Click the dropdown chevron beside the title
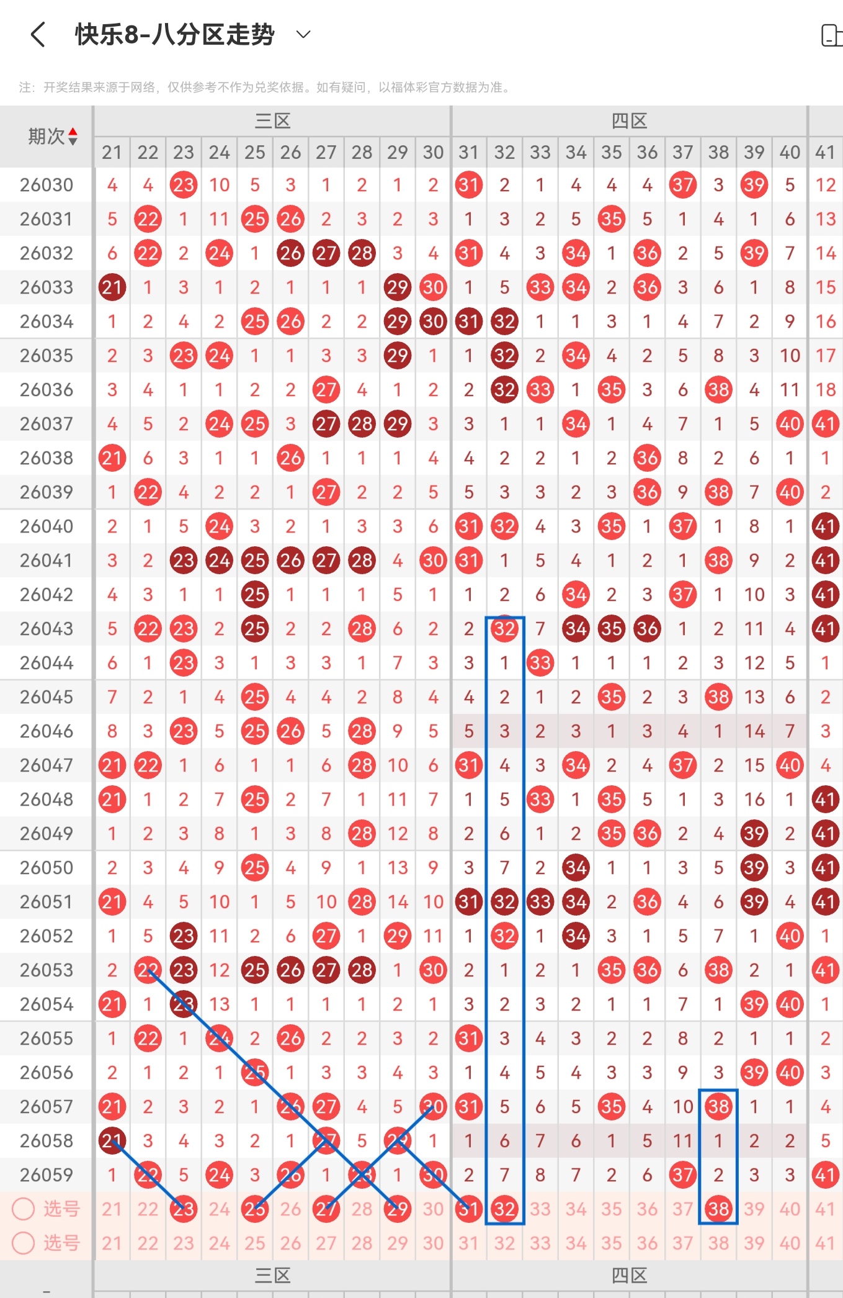(303, 34)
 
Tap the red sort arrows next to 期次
(73, 136)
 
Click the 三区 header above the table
(272, 120)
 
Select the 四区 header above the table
(629, 120)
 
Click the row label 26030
(47, 185)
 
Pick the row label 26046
(47, 731)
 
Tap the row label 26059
(47, 1175)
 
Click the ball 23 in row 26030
(184, 185)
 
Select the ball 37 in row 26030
(683, 185)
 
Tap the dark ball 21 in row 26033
(112, 287)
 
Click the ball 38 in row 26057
(718, 1107)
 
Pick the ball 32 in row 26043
(504, 629)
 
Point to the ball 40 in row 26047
(790, 765)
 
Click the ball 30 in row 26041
(433, 561)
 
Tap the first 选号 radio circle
(24, 1209)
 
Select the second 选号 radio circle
(24, 1243)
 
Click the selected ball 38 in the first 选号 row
(718, 1209)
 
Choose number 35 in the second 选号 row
(612, 1243)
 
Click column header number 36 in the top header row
(647, 152)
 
